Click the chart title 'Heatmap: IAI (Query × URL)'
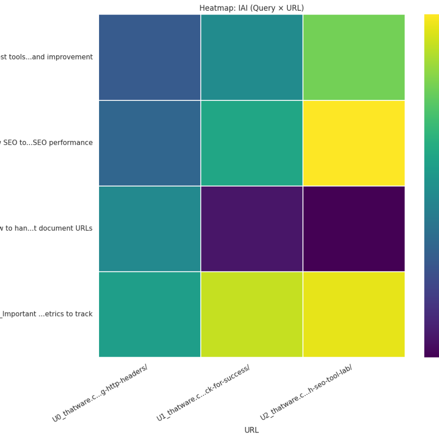pyautogui.click(x=251, y=8)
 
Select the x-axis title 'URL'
pyautogui.click(x=251, y=430)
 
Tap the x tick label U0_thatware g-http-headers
pyautogui.click(x=100, y=394)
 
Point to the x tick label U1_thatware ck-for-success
pyautogui.click(x=203, y=394)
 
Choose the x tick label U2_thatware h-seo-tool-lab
pyautogui.click(x=306, y=394)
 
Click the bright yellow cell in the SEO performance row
pyautogui.click(x=354, y=143)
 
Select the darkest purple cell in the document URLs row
pyautogui.click(x=354, y=229)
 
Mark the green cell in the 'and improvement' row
pyautogui.click(x=354, y=57)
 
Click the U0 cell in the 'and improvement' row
pyautogui.click(x=150, y=57)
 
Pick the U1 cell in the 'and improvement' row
pyautogui.click(x=252, y=57)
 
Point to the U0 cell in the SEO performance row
pyautogui.click(x=150, y=143)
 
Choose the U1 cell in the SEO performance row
pyautogui.click(x=252, y=143)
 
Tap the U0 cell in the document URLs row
pyautogui.click(x=150, y=229)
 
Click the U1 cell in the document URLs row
pyautogui.click(x=252, y=229)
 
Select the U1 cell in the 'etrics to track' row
pyautogui.click(x=252, y=314)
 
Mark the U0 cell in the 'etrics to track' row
pyautogui.click(x=150, y=314)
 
